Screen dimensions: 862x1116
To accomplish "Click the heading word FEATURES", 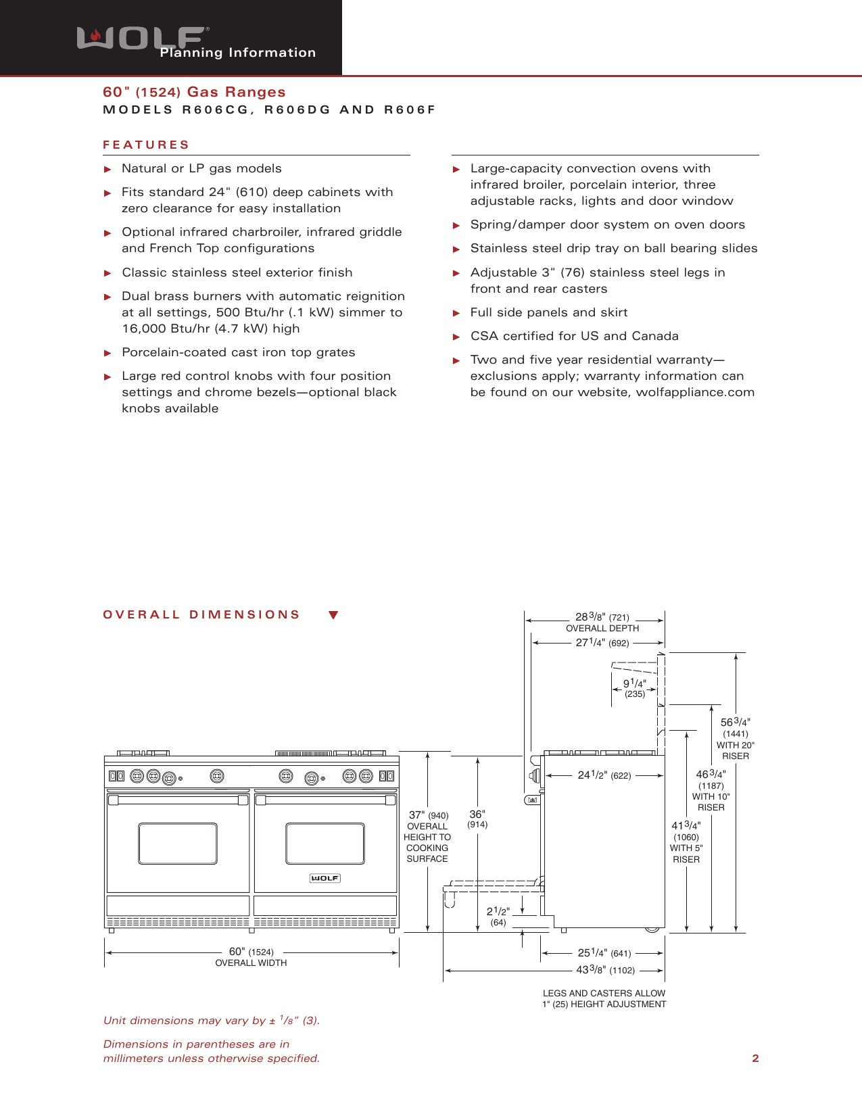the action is (146, 145).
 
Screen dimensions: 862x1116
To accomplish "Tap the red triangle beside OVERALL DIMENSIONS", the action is (333, 615).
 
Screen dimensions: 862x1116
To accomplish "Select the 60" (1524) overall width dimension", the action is (251, 952).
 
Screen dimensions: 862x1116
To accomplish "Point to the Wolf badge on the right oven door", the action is (325, 878).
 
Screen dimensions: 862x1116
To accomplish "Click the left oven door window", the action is (178, 844).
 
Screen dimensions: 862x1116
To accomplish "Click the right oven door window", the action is (325, 844).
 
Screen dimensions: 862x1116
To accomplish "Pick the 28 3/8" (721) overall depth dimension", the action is (602, 617).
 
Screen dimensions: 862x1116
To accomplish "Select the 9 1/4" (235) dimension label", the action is (634, 688).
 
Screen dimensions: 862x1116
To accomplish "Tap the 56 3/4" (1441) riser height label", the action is (736, 727).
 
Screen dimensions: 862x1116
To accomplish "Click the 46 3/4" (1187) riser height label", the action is (711, 779).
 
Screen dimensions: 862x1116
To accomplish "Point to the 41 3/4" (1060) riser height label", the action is (686, 831).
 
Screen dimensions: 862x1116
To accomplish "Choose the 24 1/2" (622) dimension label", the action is (604, 775).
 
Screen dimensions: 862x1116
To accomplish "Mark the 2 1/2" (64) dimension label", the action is (498, 916).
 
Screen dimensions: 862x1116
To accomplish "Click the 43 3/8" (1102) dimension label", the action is (605, 970).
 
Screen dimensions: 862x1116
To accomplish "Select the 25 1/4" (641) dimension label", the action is (604, 953).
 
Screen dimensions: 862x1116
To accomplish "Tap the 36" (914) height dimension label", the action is (477, 819).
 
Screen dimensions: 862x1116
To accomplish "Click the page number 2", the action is (755, 1059).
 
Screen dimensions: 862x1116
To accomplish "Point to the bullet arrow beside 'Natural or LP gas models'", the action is (107, 169).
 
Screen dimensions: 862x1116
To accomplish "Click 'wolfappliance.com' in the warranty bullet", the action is (695, 392).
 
